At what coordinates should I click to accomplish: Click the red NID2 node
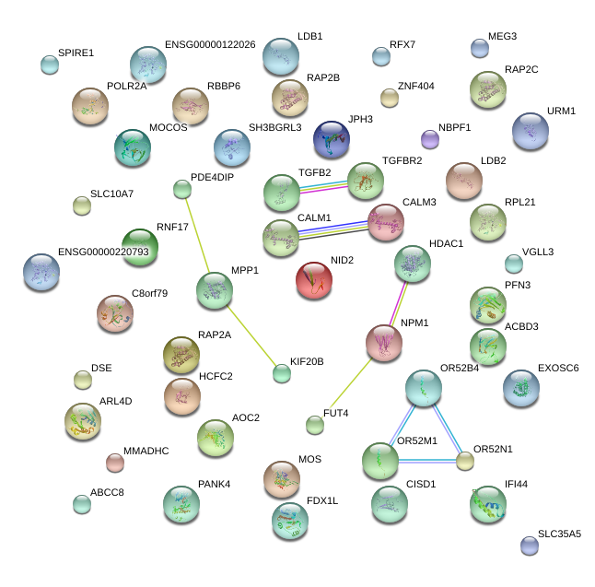click(314, 280)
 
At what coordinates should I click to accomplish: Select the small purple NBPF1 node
click(429, 139)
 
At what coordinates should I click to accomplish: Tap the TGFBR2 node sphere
click(365, 180)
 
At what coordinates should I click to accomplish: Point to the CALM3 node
click(385, 221)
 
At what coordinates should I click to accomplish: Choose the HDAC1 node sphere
click(412, 263)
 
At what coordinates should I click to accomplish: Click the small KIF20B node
click(282, 373)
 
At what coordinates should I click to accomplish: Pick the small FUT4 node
click(315, 425)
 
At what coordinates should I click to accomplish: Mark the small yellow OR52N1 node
click(465, 461)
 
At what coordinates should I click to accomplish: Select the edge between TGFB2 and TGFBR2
click(323, 186)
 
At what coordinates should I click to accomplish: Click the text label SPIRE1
click(76, 53)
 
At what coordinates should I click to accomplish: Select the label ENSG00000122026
click(210, 44)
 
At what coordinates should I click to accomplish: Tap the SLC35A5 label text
click(560, 534)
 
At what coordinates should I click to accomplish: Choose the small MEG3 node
click(479, 47)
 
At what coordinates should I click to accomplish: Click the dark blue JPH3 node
click(331, 139)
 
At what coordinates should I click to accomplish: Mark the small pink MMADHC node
click(114, 462)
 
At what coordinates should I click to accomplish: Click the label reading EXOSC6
click(558, 369)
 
